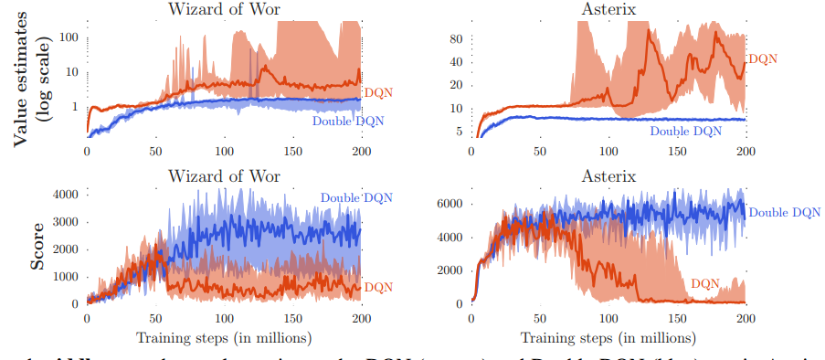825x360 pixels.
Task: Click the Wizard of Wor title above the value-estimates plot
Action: tap(224, 9)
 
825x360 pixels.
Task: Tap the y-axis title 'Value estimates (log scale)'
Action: tap(28, 77)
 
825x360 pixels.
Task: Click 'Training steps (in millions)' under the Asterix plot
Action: tap(608, 336)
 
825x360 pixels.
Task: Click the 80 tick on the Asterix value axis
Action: tap(454, 38)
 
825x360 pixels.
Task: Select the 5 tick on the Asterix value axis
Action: tap(458, 131)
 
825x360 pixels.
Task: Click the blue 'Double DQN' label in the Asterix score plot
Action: tap(784, 213)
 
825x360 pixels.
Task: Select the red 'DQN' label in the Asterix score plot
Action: tap(705, 284)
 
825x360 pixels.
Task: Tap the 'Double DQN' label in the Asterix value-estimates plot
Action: tap(685, 132)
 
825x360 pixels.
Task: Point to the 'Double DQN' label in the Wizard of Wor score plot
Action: tap(354, 197)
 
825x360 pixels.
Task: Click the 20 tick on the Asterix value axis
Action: tap(454, 85)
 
